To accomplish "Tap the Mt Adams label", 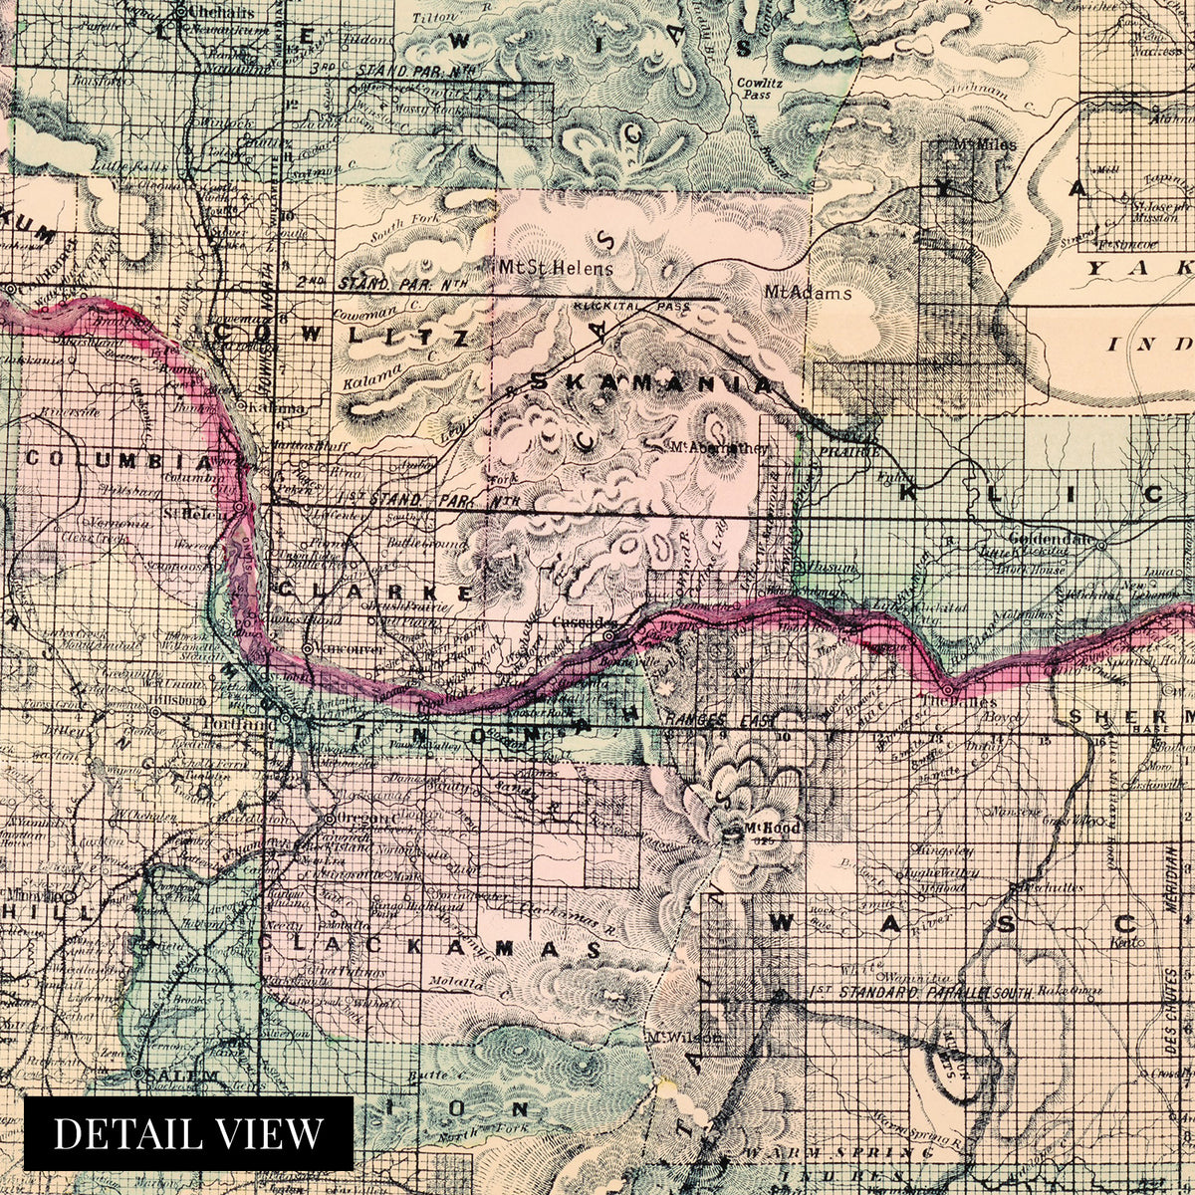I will pos(808,293).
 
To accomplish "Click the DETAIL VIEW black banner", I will pos(188,1132).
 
